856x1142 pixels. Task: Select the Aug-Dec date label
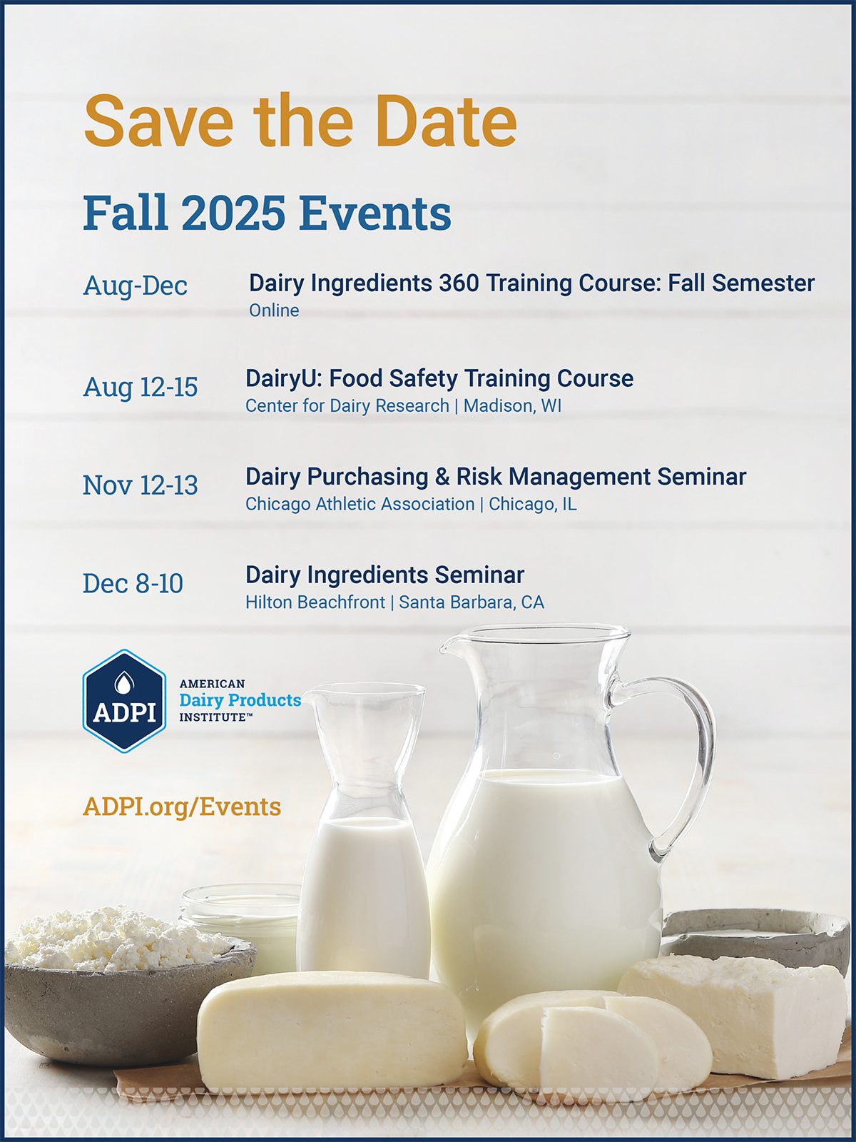pyautogui.click(x=135, y=285)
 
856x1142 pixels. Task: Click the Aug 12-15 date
pyautogui.click(x=141, y=387)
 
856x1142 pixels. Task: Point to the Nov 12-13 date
pyautogui.click(x=141, y=485)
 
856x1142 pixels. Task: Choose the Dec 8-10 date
pyautogui.click(x=133, y=583)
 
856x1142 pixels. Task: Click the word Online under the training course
pyautogui.click(x=274, y=310)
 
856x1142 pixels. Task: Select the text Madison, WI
pyautogui.click(x=512, y=406)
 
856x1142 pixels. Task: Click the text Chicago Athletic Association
pyautogui.click(x=360, y=504)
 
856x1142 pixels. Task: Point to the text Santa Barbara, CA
pyautogui.click(x=472, y=602)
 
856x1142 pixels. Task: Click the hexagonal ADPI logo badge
pyautogui.click(x=124, y=701)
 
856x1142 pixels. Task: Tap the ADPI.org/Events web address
pyautogui.click(x=182, y=807)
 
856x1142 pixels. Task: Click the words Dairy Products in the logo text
pyautogui.click(x=240, y=700)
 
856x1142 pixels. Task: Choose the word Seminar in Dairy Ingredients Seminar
pyautogui.click(x=479, y=575)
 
